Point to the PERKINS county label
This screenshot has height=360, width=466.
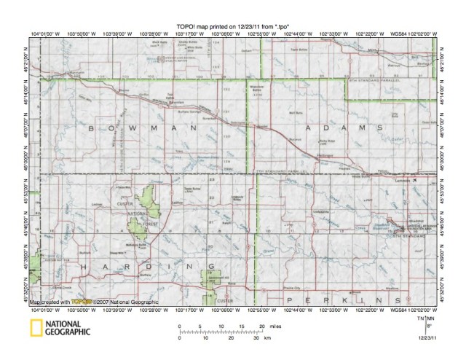pos(342,300)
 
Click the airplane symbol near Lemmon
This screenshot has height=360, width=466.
pos(414,179)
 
